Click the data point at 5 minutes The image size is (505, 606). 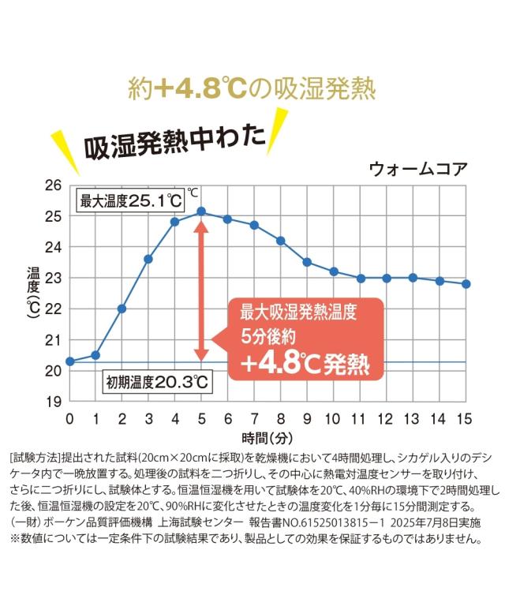point(201,211)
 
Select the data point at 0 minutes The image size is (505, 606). point(69,361)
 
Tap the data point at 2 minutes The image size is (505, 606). point(122,309)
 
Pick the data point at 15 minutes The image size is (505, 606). point(466,284)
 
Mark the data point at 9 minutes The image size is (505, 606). point(307,262)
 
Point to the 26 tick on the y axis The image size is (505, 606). point(54,186)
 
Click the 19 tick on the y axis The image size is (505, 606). point(54,401)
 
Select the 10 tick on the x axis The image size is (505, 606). point(333,418)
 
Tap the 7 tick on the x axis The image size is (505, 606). point(254,418)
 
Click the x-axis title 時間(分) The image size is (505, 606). point(267,436)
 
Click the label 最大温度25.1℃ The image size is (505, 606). point(129,200)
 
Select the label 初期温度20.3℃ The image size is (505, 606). point(157,383)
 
